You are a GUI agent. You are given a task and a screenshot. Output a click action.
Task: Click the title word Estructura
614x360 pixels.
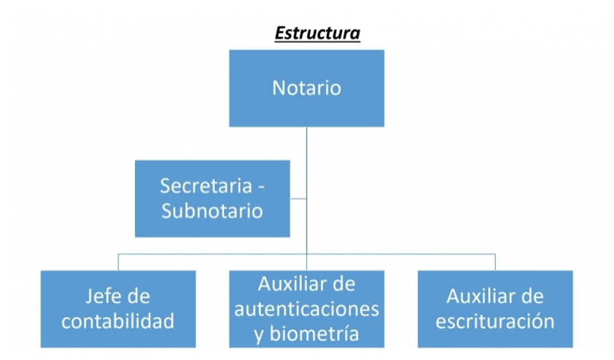pos(317,34)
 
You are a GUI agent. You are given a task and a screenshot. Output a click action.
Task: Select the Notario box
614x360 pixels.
pos(306,88)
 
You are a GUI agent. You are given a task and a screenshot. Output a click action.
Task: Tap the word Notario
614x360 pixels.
pos(306,87)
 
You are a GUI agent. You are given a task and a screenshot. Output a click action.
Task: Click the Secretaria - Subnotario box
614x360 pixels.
pos(212,198)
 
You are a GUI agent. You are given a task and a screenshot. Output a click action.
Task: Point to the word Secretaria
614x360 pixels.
pos(206,186)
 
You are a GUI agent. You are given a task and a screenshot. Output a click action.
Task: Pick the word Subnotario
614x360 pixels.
pos(212,211)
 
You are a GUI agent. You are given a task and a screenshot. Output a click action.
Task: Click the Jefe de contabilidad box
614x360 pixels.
pos(118,309)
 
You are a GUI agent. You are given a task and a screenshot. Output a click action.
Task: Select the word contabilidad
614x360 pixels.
pos(118,321)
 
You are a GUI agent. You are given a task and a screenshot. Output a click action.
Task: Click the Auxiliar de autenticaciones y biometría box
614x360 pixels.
pos(306,309)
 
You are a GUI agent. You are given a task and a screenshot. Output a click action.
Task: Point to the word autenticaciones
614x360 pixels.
pos(306,309)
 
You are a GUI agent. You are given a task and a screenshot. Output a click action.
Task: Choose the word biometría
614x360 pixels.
pos(314,334)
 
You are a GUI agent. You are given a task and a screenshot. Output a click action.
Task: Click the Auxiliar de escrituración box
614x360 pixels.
pos(495,309)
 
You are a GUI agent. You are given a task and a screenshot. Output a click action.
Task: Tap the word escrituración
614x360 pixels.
pos(495,321)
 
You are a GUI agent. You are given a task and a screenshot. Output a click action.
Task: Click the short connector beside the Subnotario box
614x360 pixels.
pos(298,198)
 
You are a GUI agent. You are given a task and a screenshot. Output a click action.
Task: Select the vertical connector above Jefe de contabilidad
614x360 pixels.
pos(118,262)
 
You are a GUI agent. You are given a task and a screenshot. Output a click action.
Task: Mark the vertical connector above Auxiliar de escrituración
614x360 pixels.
pos(495,262)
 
